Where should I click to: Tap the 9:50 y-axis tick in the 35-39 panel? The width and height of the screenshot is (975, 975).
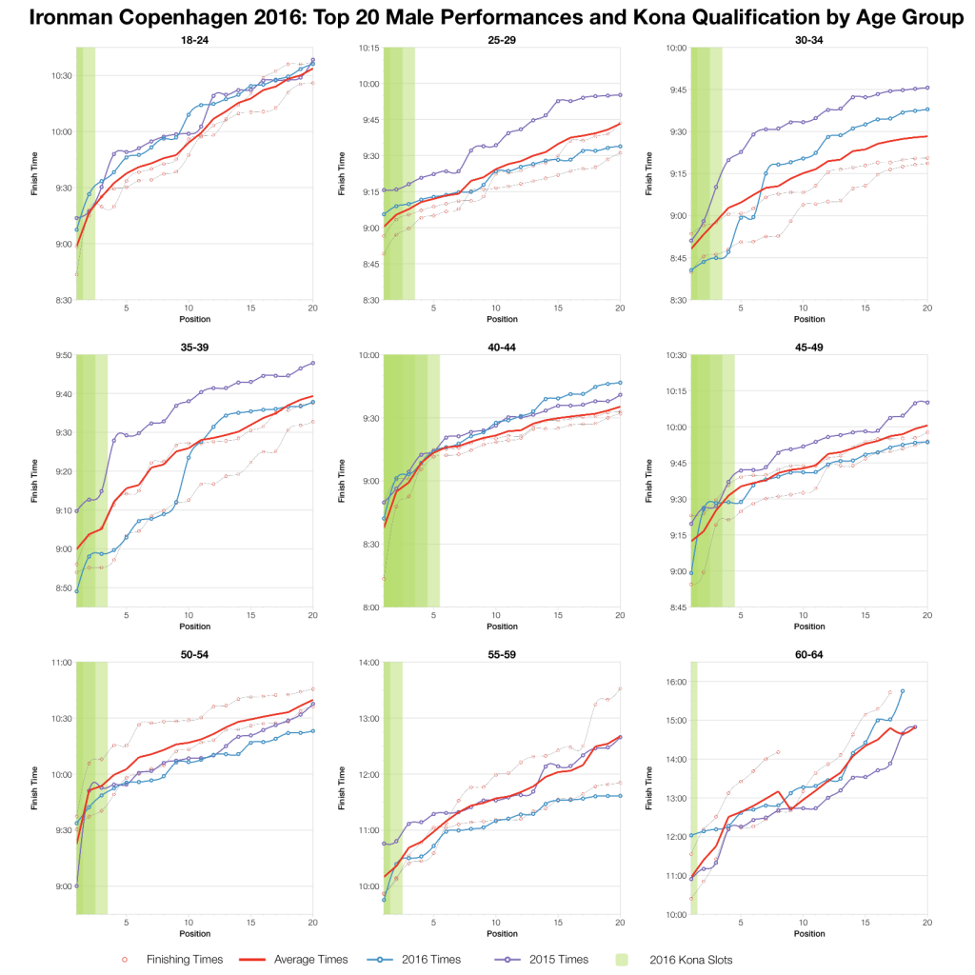pos(60,355)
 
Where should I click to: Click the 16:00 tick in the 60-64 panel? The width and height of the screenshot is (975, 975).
pos(673,682)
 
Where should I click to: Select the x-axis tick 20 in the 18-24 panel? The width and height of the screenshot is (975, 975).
pos(312,309)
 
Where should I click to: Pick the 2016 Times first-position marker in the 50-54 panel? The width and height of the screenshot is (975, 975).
pos(77,885)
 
